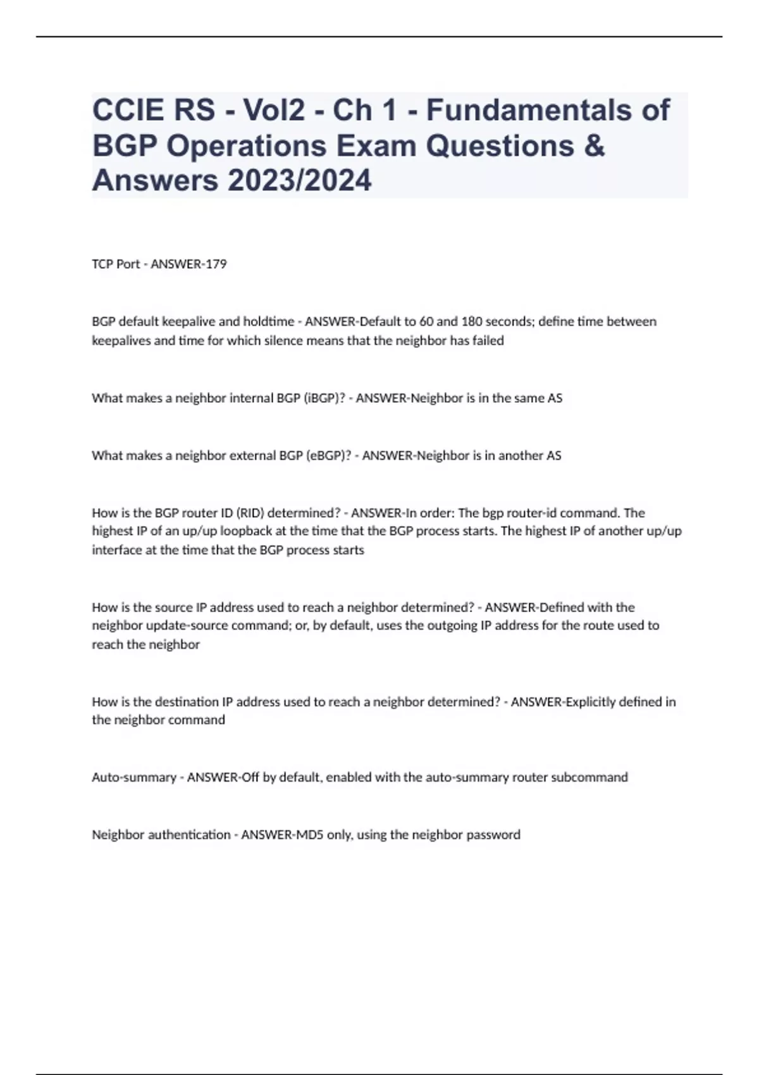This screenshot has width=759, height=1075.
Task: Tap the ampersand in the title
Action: [x=595, y=145]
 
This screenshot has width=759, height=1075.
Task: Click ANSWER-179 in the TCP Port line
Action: [x=188, y=264]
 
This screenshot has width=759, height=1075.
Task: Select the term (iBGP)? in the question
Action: [x=325, y=398]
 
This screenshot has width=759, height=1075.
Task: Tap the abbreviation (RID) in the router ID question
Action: [x=242, y=513]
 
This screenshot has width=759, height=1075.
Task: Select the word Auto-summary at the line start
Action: [x=133, y=777]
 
